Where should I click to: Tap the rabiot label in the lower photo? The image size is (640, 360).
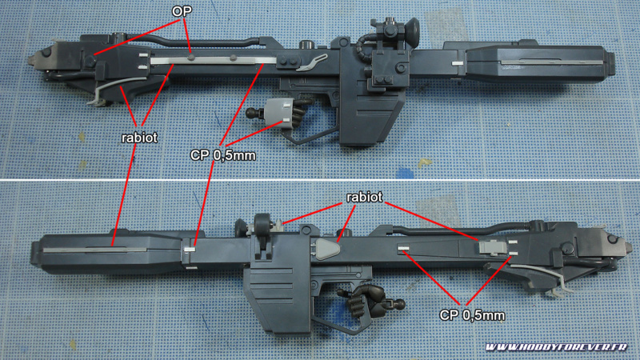(x=365, y=196)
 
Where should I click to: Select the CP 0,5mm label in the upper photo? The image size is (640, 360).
(x=223, y=155)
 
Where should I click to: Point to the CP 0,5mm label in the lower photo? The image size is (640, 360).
(x=472, y=314)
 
